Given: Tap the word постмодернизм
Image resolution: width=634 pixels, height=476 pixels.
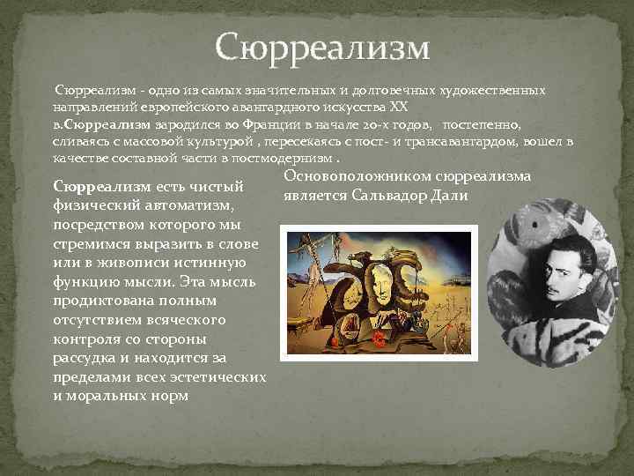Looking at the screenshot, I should [x=286, y=159].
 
